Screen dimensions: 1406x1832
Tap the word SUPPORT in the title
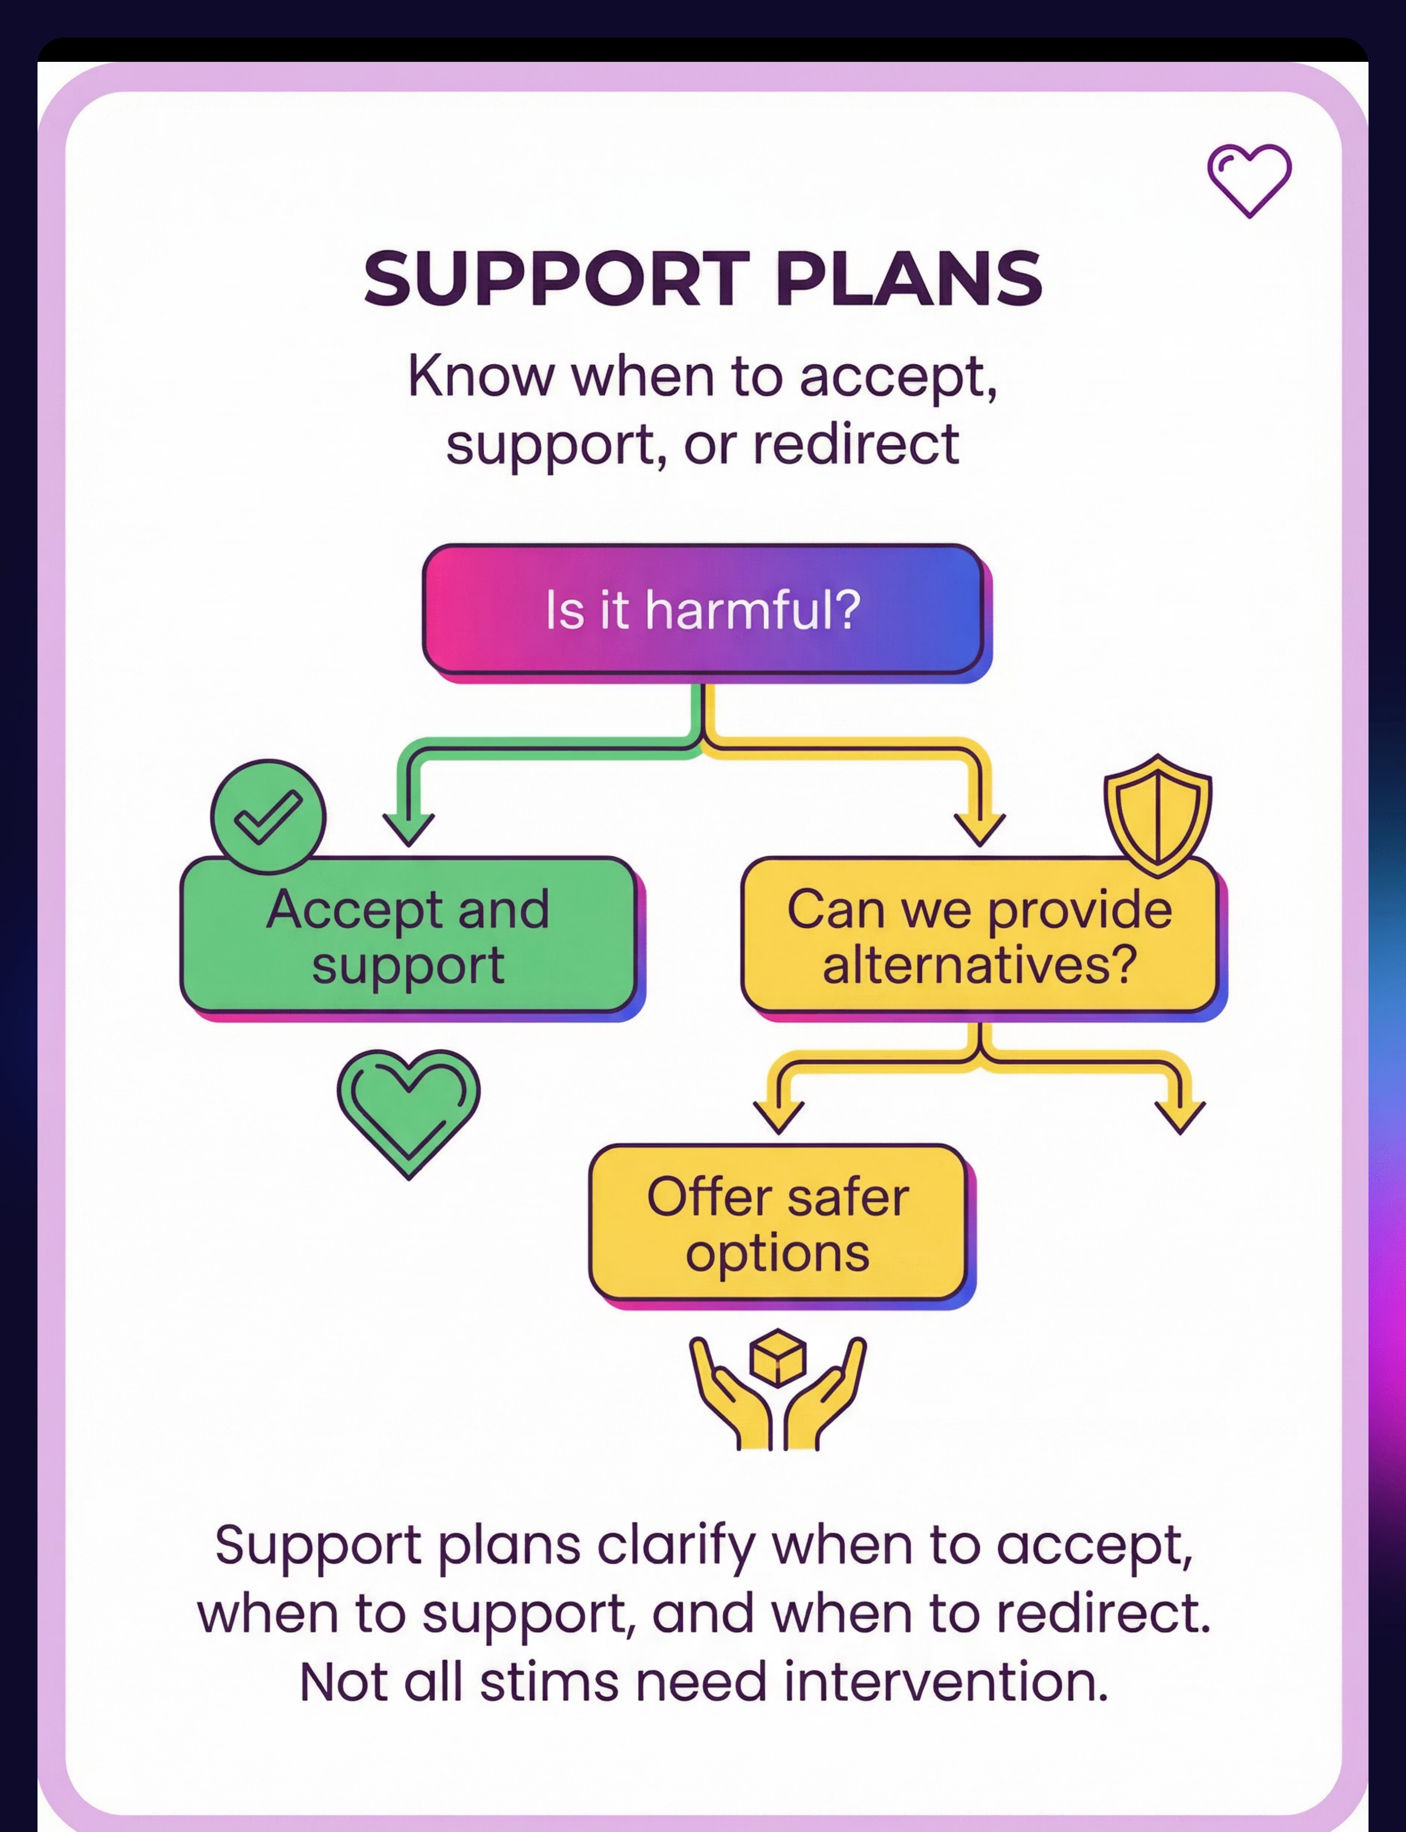tap(556, 279)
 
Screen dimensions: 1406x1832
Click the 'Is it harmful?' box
tap(703, 609)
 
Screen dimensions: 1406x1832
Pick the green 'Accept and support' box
tap(408, 935)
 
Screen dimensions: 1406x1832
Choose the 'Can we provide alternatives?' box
tap(979, 935)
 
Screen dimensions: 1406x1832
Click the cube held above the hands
tap(778, 1357)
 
